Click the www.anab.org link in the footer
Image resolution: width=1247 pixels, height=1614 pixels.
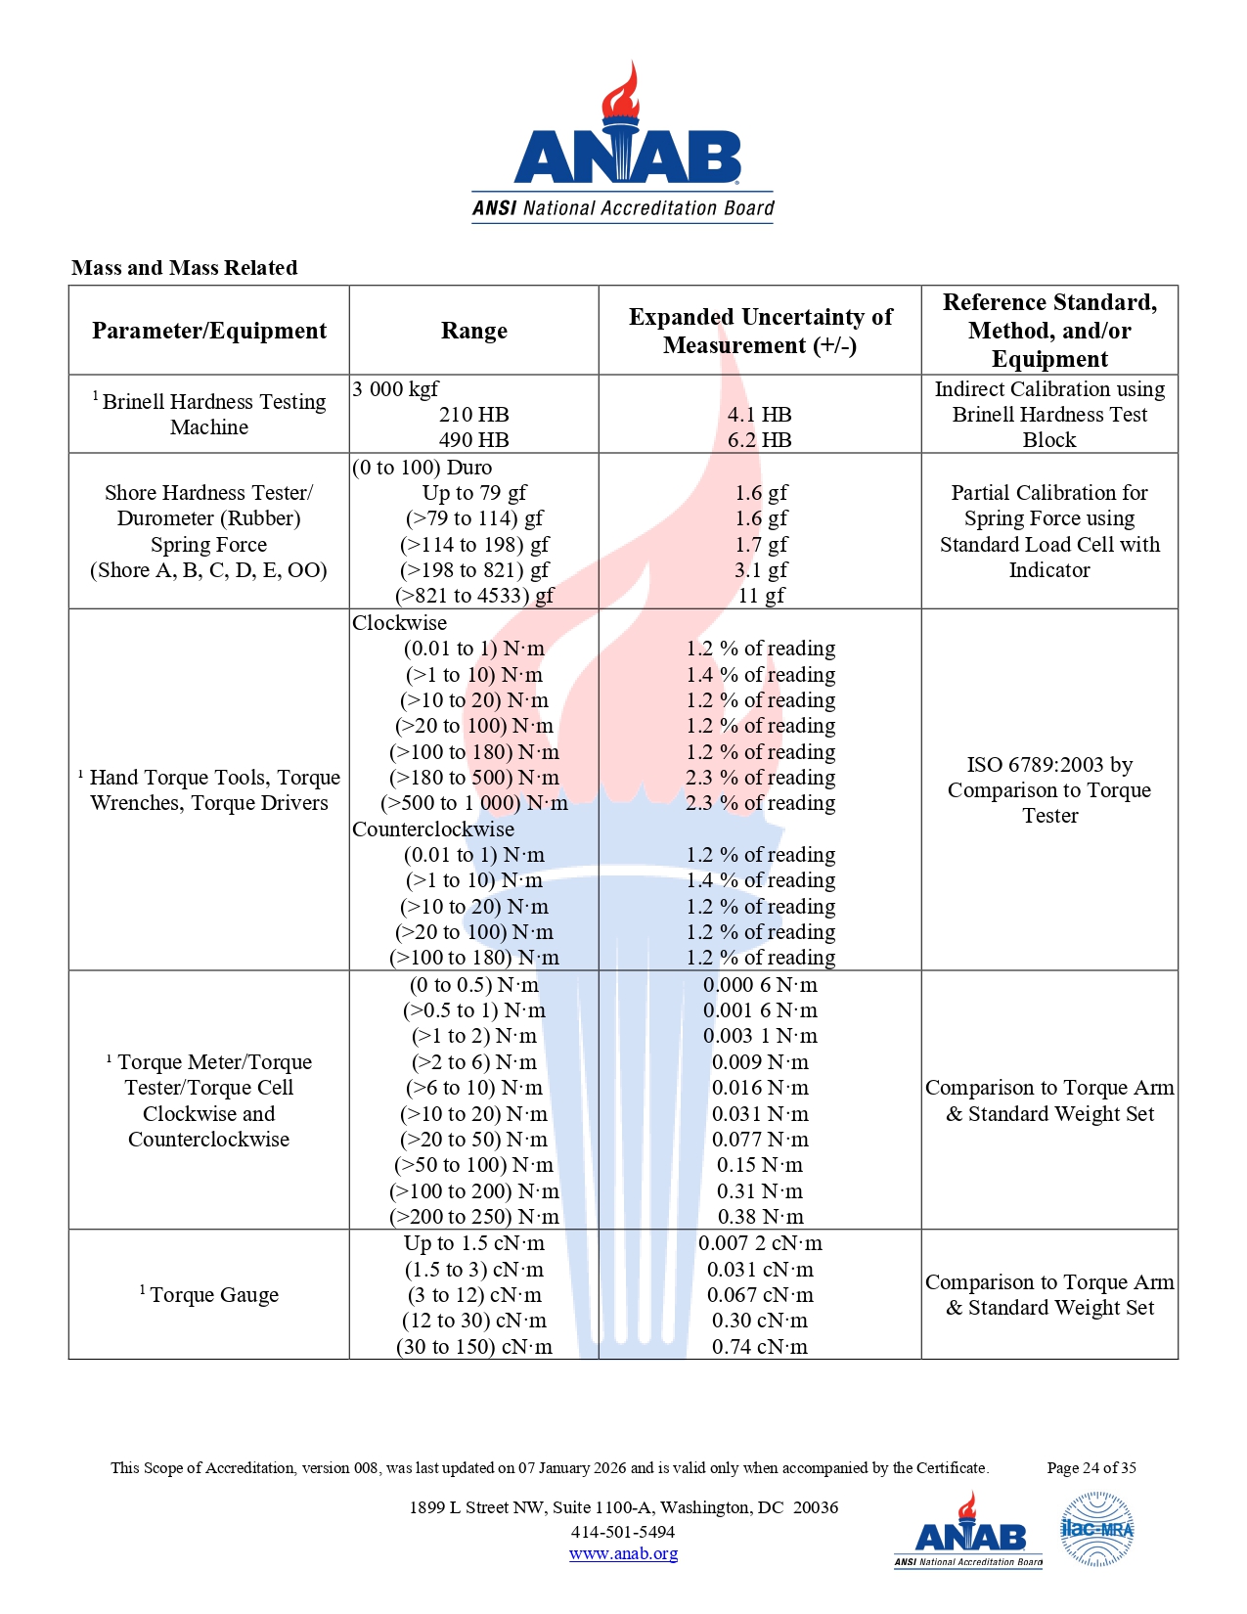click(623, 1553)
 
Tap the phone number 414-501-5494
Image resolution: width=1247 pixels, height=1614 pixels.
click(623, 1532)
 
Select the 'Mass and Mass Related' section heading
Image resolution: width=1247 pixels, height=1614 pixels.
click(184, 268)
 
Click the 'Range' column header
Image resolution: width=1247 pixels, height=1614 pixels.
click(474, 331)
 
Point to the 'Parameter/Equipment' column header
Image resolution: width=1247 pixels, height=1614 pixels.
click(209, 331)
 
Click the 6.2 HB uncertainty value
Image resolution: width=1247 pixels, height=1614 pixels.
click(760, 440)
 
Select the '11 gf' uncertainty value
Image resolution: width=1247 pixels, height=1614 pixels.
click(761, 596)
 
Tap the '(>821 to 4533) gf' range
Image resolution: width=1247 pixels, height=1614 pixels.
click(474, 596)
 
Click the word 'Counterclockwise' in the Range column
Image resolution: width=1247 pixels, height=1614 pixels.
click(433, 829)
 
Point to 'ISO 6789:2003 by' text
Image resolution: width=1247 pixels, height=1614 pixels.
click(1049, 765)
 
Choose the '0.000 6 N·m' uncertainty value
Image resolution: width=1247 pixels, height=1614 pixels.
click(760, 985)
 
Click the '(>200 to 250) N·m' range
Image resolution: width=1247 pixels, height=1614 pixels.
click(474, 1217)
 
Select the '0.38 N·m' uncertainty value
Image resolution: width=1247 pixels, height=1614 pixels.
click(760, 1217)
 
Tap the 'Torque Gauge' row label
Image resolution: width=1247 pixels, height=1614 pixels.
click(214, 1295)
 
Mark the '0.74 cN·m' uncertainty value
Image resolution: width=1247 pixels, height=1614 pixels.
click(760, 1347)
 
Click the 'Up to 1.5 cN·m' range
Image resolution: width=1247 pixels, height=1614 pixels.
click(474, 1243)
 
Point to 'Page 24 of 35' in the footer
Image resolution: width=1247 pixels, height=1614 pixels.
click(1091, 1467)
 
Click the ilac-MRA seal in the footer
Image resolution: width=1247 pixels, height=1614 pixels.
click(1097, 1529)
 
